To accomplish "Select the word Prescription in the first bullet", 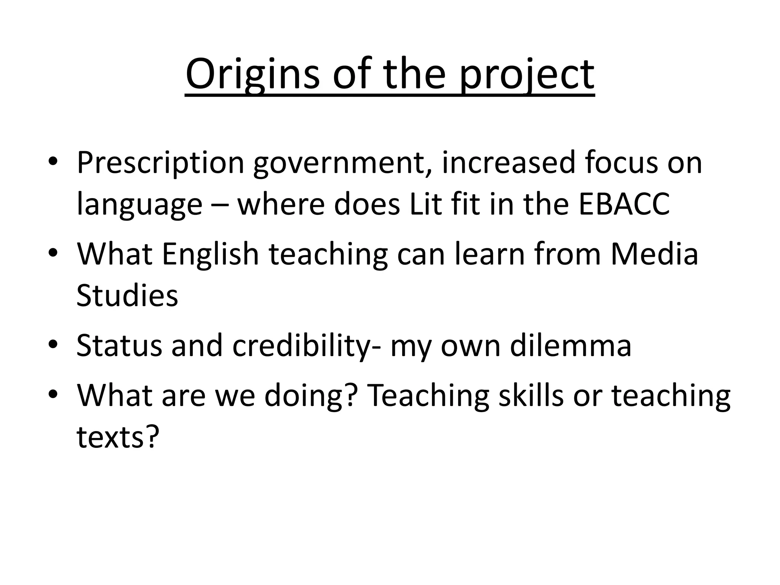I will click(x=160, y=163).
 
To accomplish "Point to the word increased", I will click(x=508, y=163).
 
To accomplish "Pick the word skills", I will click(x=531, y=396).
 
